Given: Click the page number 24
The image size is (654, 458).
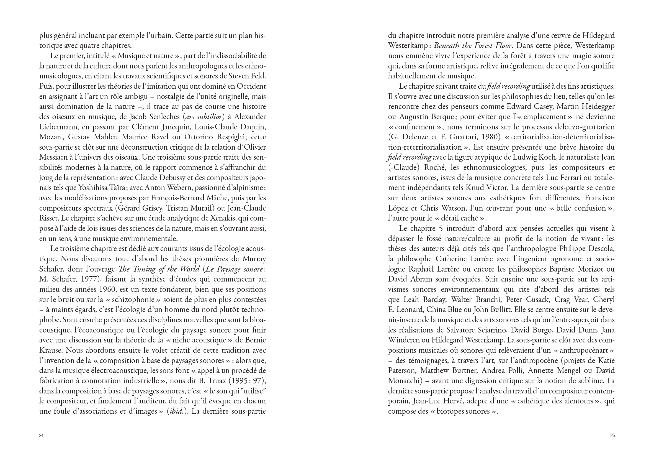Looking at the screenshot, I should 41,435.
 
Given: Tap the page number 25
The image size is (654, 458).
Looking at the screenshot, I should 612,435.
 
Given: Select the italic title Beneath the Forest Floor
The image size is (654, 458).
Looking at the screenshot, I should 473,46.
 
